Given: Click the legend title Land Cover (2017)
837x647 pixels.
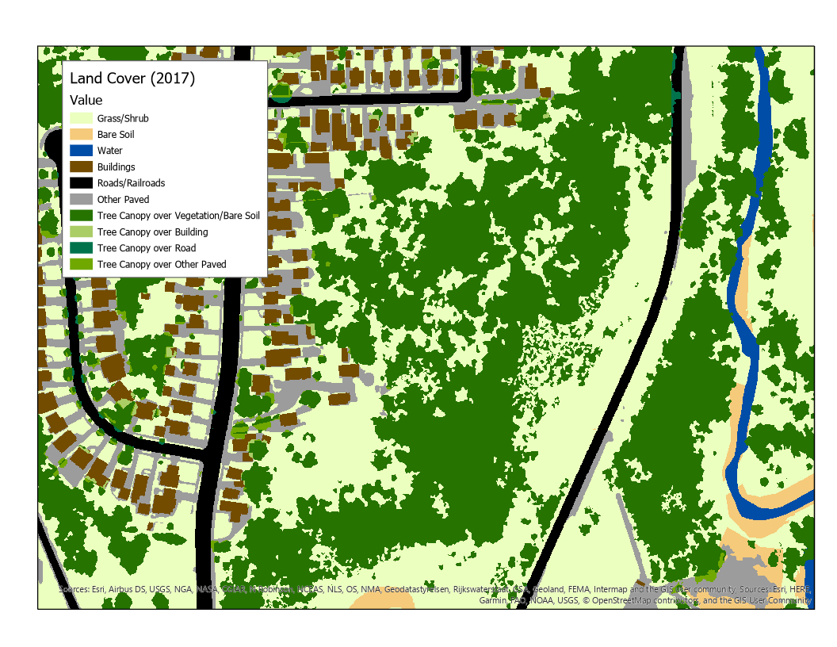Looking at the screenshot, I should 132,78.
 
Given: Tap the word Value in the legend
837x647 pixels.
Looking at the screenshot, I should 86,100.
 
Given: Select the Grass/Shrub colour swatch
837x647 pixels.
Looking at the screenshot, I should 81,118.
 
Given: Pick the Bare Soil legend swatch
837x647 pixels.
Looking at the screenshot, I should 81,135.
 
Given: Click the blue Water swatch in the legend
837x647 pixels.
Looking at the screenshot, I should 81,151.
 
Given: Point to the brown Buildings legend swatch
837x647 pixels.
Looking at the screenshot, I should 81,167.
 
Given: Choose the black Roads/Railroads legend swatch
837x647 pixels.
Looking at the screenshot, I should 81,183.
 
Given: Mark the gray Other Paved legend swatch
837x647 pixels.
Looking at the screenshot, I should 81,200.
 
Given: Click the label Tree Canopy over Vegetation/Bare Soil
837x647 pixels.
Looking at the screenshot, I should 178,216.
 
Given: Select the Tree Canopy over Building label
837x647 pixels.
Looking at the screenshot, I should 153,232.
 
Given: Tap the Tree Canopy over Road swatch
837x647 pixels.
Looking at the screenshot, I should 81,248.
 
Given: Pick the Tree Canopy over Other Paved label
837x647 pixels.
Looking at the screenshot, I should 162,265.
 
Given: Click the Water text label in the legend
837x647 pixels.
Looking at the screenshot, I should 110,151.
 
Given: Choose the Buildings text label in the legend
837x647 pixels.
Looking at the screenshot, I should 117,167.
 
